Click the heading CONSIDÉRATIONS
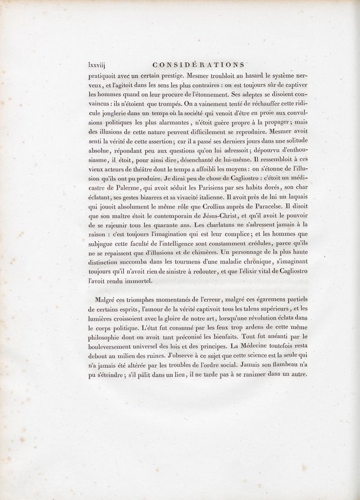click(x=199, y=64)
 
